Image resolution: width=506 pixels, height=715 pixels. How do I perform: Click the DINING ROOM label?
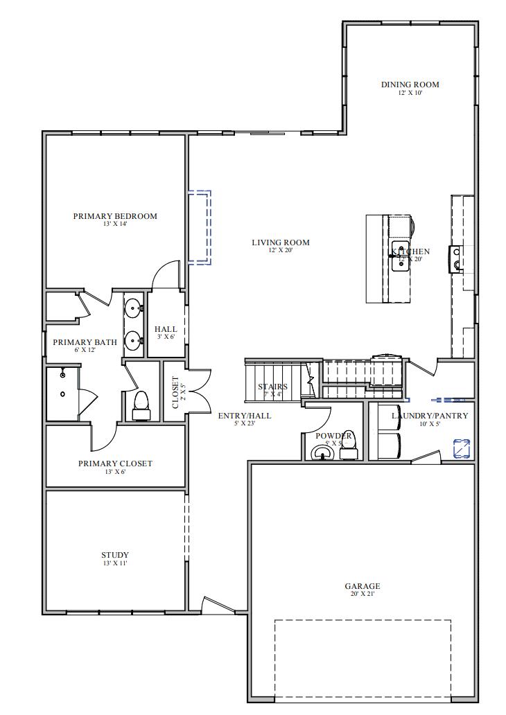410,85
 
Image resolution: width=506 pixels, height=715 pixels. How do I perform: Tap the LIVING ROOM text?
280,242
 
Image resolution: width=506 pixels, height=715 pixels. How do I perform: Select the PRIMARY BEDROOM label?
115,216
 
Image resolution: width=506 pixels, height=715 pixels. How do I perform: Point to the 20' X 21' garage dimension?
362,594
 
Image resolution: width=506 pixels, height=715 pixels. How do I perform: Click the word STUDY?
115,555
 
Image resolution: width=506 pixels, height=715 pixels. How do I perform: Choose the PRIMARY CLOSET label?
115,464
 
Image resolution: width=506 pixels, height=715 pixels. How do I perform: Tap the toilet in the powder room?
349,445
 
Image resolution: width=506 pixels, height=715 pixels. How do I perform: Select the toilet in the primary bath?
141,405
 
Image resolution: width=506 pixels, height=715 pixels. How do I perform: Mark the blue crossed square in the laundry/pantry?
462,448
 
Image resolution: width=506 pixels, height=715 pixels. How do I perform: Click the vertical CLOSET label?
175,392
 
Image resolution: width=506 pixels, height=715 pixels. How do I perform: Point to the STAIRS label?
272,387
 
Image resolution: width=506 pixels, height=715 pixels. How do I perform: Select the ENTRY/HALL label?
245,416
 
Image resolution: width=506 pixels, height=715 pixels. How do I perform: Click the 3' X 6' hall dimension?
166,337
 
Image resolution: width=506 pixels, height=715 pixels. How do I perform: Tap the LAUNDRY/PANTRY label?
429,416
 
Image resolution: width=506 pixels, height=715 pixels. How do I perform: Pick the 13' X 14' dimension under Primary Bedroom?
115,224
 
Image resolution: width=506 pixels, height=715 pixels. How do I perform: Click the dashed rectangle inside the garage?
363,658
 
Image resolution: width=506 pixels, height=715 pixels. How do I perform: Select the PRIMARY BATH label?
85,342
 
